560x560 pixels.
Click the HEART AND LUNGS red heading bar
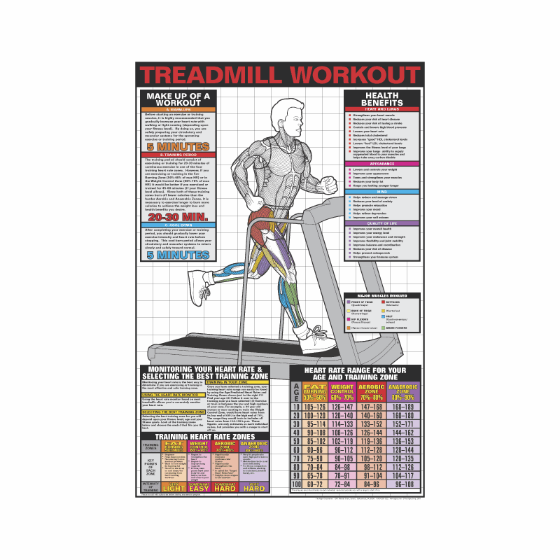382,109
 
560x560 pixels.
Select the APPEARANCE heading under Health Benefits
382,163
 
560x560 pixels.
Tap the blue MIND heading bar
382,191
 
